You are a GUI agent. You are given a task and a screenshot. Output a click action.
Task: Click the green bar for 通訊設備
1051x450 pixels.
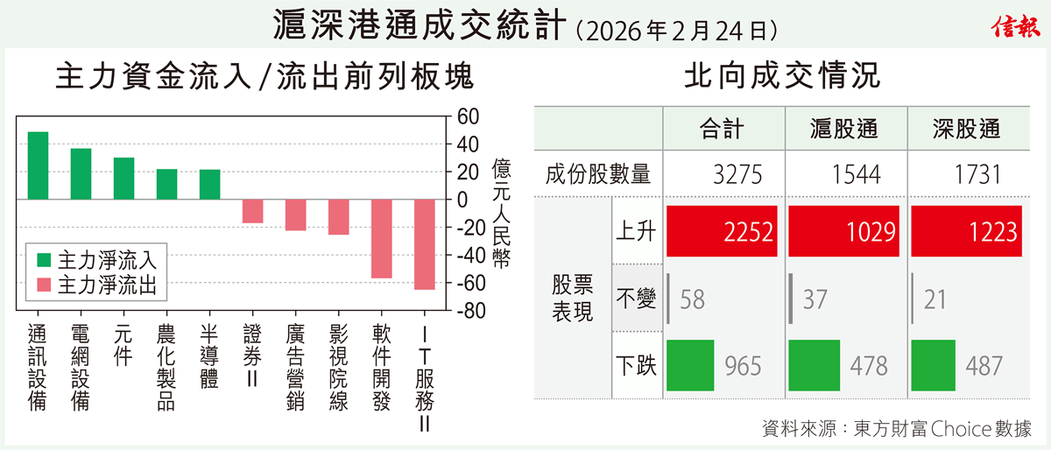[x=38, y=165]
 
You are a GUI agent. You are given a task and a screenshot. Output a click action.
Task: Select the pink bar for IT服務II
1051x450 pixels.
[x=424, y=244]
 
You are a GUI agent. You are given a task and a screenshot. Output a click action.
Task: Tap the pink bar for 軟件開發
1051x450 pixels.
[x=381, y=238]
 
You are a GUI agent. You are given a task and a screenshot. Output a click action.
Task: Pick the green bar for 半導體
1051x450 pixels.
[x=209, y=184]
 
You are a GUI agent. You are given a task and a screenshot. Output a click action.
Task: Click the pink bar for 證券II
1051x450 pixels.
[x=252, y=211]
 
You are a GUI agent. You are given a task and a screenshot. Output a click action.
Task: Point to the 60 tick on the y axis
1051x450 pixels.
[x=469, y=116]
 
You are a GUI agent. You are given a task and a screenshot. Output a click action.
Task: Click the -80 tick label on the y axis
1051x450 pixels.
[x=472, y=312]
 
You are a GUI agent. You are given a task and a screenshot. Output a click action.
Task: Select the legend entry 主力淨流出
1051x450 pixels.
[x=96, y=285]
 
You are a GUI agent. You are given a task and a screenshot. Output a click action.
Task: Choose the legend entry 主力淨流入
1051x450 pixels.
[x=96, y=260]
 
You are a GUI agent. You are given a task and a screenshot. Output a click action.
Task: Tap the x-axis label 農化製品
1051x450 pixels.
[x=166, y=367]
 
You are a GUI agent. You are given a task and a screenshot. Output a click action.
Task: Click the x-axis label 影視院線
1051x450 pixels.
[x=338, y=367]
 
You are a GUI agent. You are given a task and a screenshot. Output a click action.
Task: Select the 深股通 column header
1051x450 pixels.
[x=966, y=130]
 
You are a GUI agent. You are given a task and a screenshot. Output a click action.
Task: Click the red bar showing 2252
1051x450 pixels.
[x=721, y=231]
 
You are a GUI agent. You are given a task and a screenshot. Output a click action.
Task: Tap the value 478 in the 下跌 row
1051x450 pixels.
[x=867, y=365]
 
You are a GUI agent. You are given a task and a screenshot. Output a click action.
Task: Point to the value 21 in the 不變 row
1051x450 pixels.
[x=934, y=300]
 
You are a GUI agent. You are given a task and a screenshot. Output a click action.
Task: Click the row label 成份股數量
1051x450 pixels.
[x=597, y=174]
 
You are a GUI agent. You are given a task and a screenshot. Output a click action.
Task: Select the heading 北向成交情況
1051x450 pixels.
[x=782, y=76]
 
